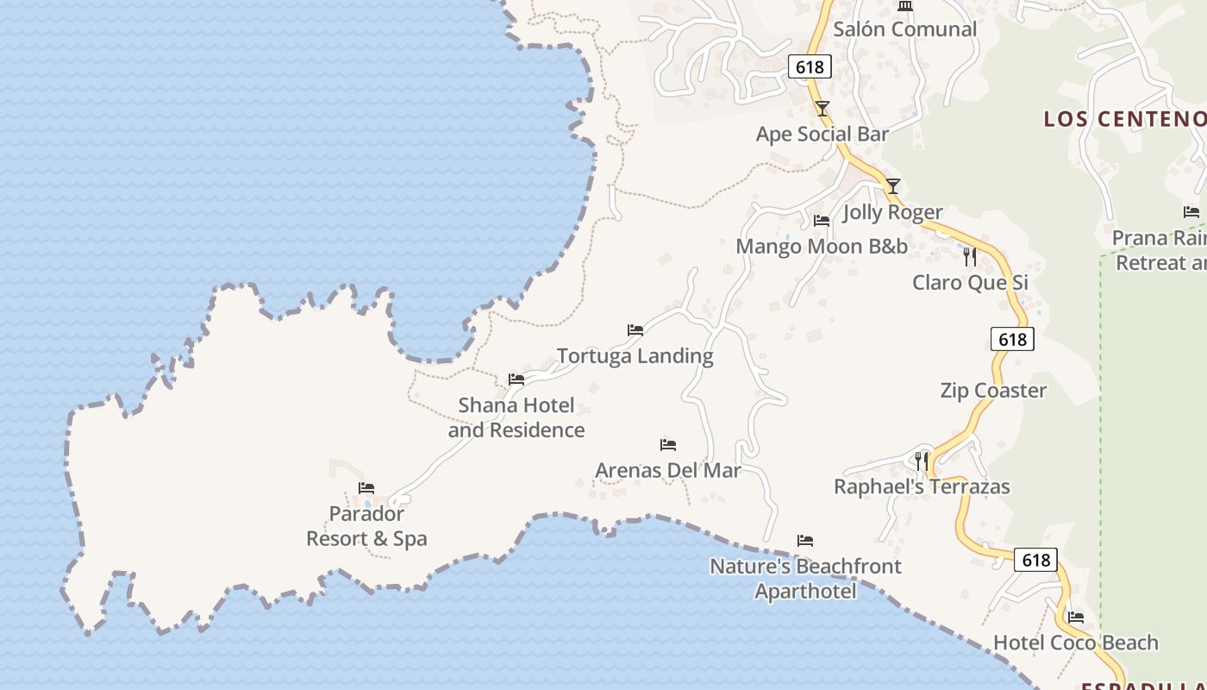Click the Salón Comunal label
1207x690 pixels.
click(x=905, y=29)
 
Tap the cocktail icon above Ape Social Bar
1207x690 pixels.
click(x=822, y=108)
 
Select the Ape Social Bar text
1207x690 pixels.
click(x=822, y=134)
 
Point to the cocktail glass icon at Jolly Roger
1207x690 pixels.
click(x=893, y=185)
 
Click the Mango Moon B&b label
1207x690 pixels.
click(x=821, y=247)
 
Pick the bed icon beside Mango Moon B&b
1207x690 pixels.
click(x=821, y=221)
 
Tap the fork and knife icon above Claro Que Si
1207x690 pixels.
click(x=970, y=256)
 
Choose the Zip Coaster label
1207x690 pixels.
click(x=993, y=391)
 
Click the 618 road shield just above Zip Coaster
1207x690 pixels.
click(x=1012, y=339)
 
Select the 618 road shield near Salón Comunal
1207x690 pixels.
click(x=810, y=67)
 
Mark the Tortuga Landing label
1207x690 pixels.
click(x=635, y=356)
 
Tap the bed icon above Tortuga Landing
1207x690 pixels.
click(x=635, y=329)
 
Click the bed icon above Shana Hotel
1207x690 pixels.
click(x=516, y=379)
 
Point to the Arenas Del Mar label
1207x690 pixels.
click(x=668, y=471)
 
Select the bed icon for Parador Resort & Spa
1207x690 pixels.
click(x=366, y=488)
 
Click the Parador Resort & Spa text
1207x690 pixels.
click(x=367, y=526)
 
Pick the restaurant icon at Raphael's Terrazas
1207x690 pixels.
click(x=922, y=461)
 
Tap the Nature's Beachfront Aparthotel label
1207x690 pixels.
click(x=805, y=579)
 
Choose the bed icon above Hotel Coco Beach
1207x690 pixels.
click(x=1076, y=617)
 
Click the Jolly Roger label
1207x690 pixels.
click(x=892, y=212)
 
